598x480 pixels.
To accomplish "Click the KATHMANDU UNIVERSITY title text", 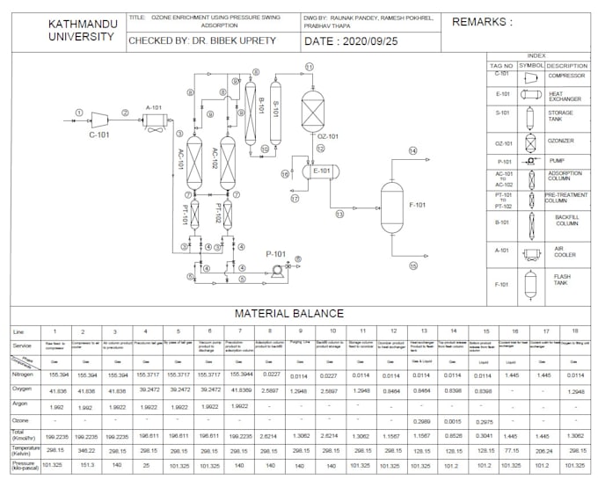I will click(81, 30).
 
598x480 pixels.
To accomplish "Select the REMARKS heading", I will click(481, 22).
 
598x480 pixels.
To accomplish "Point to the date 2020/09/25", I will click(356, 40).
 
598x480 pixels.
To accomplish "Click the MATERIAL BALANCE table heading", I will click(288, 313).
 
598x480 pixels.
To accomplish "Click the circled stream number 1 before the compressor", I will click(78, 112).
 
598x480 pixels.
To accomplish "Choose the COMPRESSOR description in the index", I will click(565, 76).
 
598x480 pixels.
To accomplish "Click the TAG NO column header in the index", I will click(501, 65).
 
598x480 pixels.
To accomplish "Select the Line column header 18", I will click(574, 331).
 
